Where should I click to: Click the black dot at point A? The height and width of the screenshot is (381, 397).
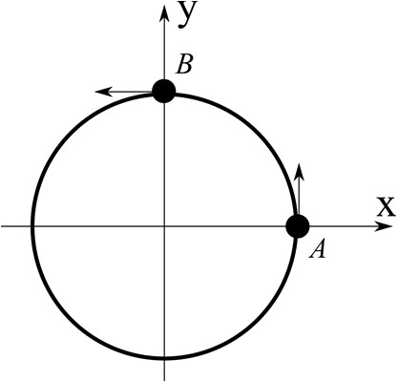[298, 226]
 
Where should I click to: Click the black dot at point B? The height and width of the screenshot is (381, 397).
[164, 91]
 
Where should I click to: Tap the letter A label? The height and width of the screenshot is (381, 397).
[321, 250]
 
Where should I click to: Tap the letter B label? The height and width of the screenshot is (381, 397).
[186, 64]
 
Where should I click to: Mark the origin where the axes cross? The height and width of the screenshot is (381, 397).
[164, 226]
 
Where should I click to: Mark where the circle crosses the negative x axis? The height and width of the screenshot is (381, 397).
[31, 226]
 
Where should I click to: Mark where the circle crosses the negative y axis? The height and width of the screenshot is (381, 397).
[164, 360]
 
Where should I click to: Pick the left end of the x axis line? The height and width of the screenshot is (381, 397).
[3, 226]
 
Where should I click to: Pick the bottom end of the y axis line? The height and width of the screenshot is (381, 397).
[164, 379]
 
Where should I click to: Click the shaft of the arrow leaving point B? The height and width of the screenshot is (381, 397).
[129, 92]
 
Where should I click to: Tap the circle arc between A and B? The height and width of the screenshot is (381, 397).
[259, 132]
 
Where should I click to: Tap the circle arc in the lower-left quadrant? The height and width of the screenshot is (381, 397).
[70, 321]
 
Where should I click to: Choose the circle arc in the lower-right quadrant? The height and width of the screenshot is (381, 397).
[259, 321]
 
